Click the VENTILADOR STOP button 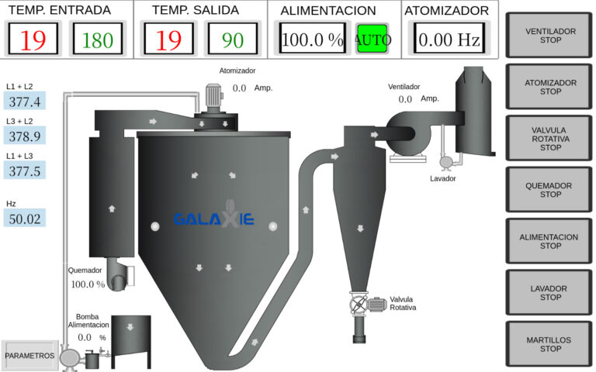[x=549, y=36]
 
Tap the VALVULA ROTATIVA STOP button [x=549, y=139]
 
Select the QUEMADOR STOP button [x=549, y=190]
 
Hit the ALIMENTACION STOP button [x=549, y=241]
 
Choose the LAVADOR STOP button [x=549, y=293]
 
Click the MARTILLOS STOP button [x=549, y=344]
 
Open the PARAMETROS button [x=29, y=356]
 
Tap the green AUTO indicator [x=372, y=39]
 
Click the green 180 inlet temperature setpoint [x=98, y=39]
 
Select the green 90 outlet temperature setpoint [x=233, y=39]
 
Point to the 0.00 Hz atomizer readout [x=449, y=39]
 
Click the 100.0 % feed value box [x=313, y=39]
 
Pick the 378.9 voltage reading [x=25, y=136]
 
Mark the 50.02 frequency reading [x=25, y=219]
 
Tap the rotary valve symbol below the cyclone [x=359, y=304]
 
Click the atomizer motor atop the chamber [x=213, y=98]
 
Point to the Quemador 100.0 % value [x=88, y=284]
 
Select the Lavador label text [x=443, y=178]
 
